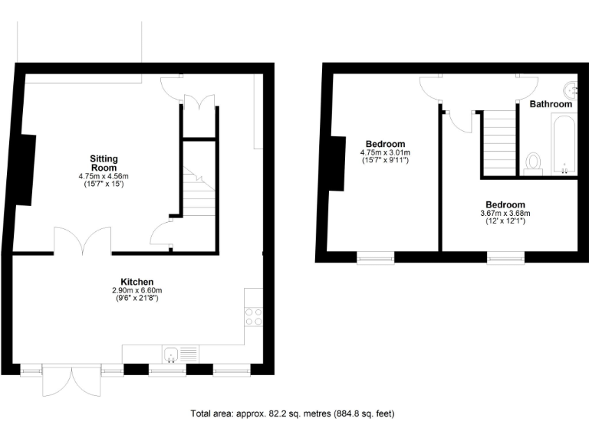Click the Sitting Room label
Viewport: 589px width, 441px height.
click(x=104, y=163)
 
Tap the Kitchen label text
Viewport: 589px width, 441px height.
click(x=137, y=282)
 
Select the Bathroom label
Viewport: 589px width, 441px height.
click(x=551, y=104)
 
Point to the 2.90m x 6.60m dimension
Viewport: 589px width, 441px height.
click(x=137, y=291)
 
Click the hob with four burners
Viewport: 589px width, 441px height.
click(x=253, y=316)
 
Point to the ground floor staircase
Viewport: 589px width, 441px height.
click(x=199, y=191)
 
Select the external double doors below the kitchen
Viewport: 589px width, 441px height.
click(x=70, y=381)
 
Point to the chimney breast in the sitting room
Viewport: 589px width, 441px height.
click(x=27, y=169)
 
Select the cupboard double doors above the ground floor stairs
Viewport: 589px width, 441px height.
click(x=199, y=103)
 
